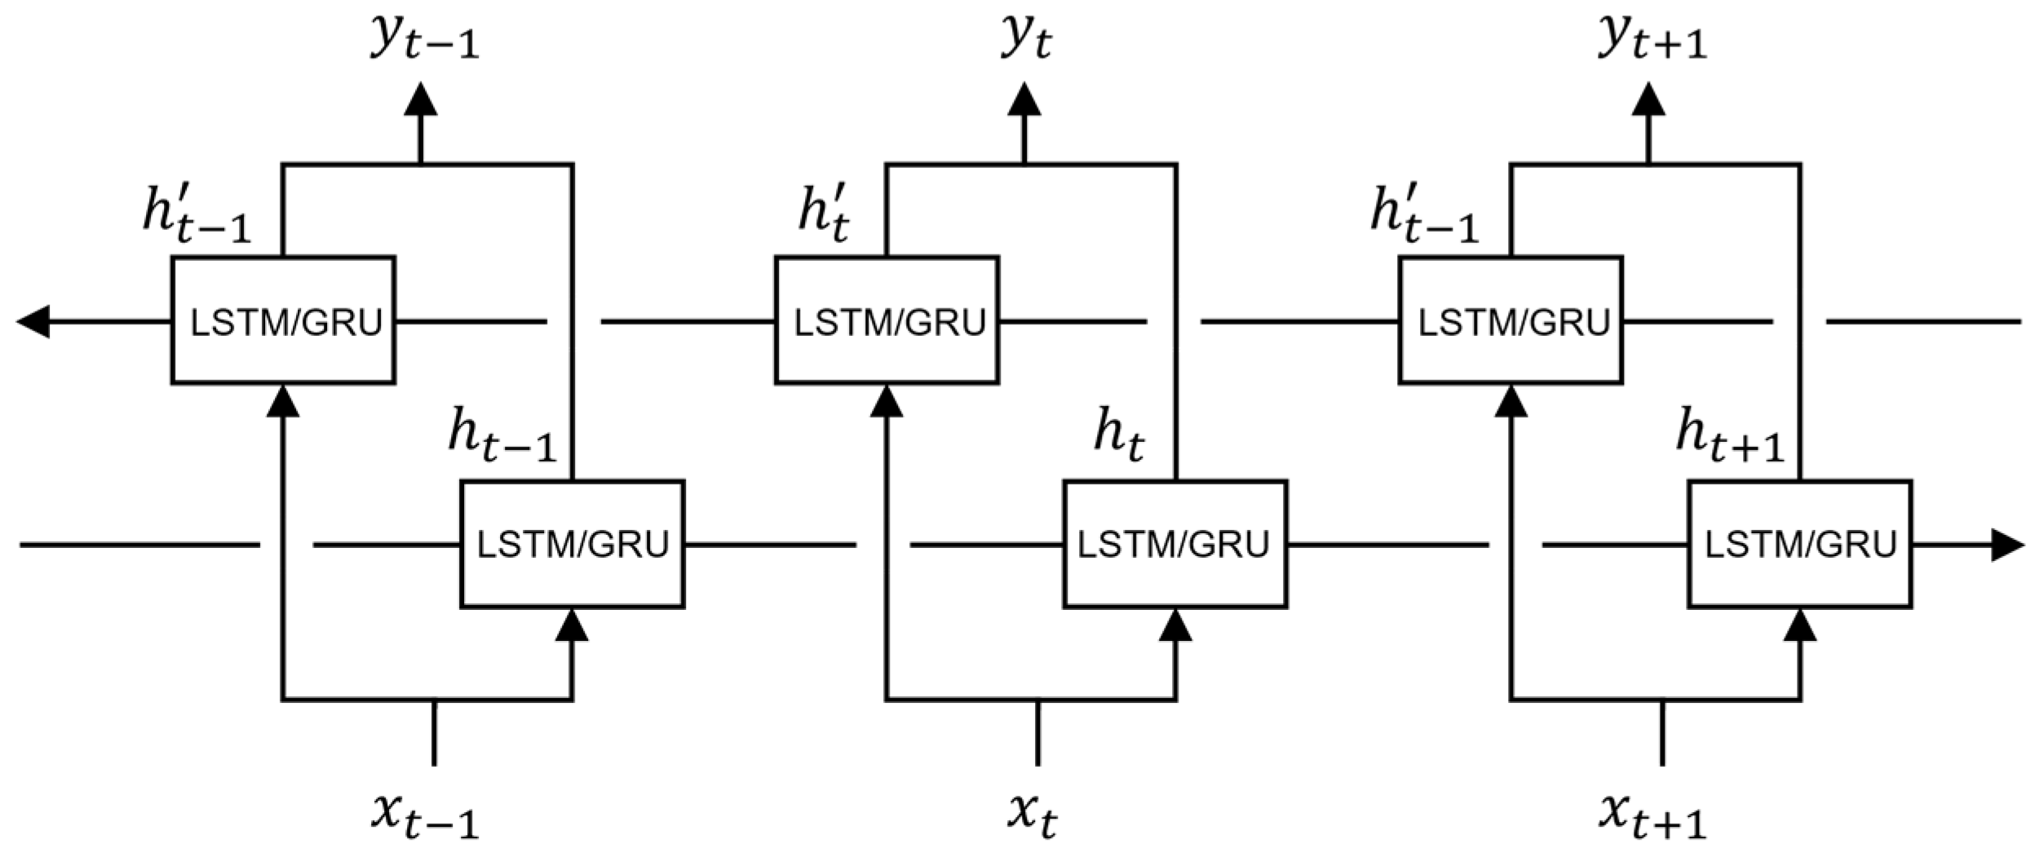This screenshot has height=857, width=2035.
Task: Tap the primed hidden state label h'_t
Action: pyautogui.click(x=823, y=216)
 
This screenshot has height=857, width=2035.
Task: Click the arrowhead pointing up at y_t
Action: pyautogui.click(x=1024, y=99)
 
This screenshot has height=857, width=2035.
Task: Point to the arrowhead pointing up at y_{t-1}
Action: pyautogui.click(x=421, y=99)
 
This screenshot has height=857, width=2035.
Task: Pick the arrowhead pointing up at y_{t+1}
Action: pyautogui.click(x=1648, y=99)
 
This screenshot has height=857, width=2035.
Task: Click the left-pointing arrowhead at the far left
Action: pyautogui.click(x=33, y=321)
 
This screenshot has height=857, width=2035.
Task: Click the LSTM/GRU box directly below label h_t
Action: pyautogui.click(x=1175, y=545)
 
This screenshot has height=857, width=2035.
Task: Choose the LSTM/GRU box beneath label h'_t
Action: pyautogui.click(x=887, y=320)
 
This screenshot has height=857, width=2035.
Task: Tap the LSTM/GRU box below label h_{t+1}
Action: pyautogui.click(x=1800, y=545)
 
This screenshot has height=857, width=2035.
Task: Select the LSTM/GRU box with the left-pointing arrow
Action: pyautogui.click(x=283, y=320)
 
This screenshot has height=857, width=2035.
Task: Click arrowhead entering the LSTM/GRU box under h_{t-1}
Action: pyautogui.click(x=572, y=625)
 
